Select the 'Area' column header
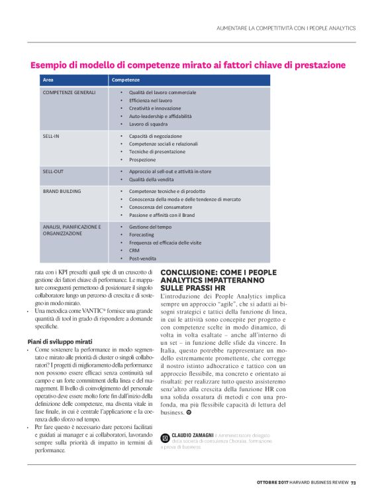(x=48, y=80)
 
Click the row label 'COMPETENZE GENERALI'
(x=70, y=92)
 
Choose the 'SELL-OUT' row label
(x=54, y=171)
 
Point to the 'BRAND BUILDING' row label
(x=62, y=191)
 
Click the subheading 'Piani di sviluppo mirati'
(x=59, y=342)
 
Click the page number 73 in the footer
(x=354, y=482)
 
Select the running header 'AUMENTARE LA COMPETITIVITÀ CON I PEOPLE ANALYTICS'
(x=286, y=28)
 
